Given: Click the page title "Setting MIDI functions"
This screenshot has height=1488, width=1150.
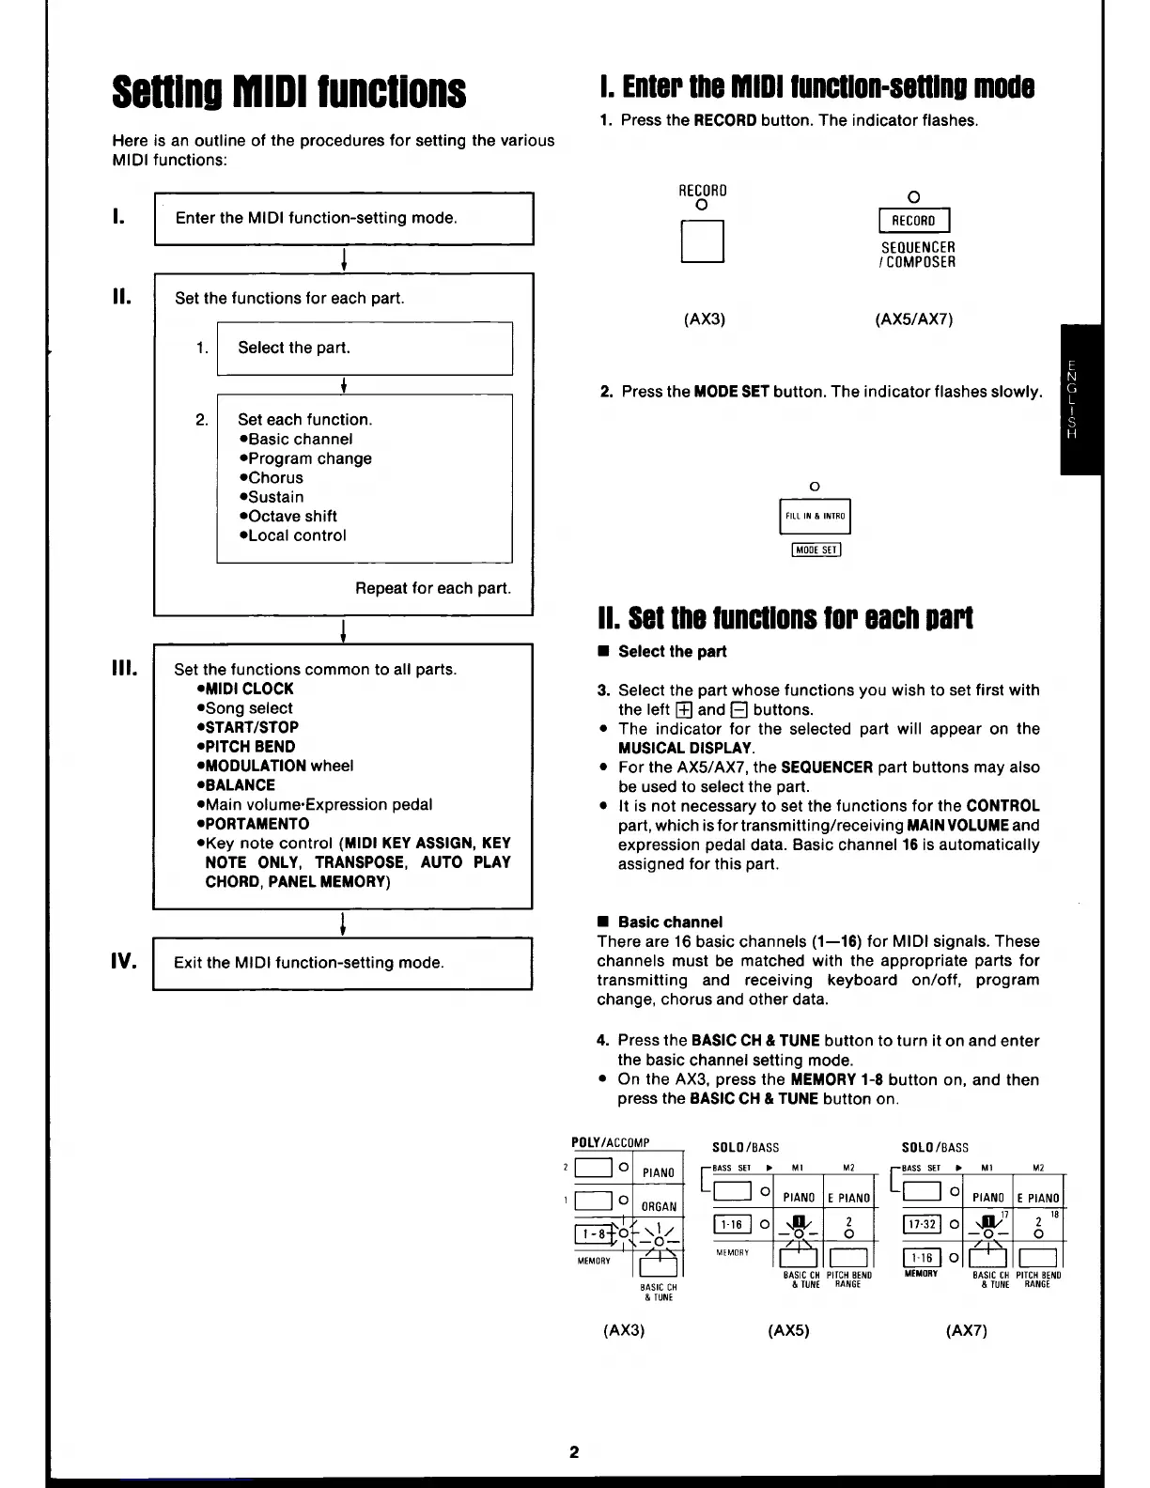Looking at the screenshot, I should coord(288,92).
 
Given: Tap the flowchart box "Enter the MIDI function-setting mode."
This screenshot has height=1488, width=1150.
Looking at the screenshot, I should coord(344,218).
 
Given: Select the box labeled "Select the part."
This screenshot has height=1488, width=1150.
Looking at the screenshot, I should coord(365,349).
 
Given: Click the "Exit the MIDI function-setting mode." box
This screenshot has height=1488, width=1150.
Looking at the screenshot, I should coord(343,963).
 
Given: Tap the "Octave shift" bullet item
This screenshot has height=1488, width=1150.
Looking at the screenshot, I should coord(288,516).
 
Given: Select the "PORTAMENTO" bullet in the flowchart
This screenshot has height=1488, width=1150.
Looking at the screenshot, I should coord(253,824).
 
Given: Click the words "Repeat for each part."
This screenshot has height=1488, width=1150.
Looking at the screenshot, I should coord(433,588).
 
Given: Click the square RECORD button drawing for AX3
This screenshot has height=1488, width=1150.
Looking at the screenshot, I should coord(702,241).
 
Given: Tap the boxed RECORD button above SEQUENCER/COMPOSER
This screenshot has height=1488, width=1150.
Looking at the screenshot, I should coord(913,221).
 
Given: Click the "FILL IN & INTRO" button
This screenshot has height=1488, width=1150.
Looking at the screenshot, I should coord(815,516).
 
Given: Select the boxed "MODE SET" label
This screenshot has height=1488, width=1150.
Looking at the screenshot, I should coord(816,550).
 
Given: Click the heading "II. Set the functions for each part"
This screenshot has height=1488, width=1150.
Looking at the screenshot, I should coord(785,618).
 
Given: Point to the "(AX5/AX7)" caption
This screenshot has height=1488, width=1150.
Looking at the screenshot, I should coord(913,319).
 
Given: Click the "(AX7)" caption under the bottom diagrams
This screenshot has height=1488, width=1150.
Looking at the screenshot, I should coord(967,1330).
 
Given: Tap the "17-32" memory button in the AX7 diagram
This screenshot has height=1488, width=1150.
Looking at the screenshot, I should coord(923,1225).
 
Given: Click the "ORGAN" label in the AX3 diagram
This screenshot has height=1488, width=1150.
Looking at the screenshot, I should coord(659,1206).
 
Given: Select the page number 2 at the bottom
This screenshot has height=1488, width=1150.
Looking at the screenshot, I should coord(574,1451).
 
